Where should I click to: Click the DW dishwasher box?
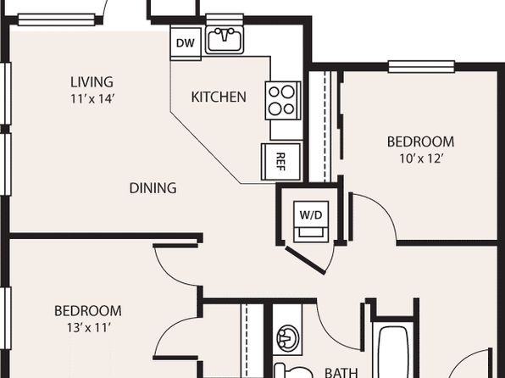186,44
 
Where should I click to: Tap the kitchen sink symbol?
225,41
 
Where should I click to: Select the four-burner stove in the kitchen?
283,101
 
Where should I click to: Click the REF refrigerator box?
280,161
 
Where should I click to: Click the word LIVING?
92,82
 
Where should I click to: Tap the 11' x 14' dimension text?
92,99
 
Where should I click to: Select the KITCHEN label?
219,97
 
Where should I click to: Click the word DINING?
153,188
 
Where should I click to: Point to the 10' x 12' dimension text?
420,158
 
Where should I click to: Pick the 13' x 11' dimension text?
88,328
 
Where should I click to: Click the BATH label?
341,373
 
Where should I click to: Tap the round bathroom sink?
288,338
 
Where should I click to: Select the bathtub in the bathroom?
393,352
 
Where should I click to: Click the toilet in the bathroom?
292,370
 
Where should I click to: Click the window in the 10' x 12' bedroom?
421,67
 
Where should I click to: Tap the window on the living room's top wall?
57,19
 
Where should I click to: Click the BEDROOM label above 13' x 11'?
88,311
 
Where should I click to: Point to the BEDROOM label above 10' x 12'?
420,142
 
